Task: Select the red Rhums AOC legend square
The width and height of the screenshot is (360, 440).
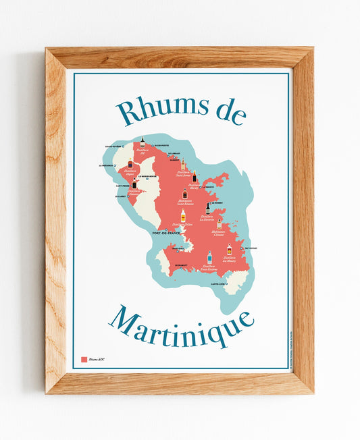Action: (84, 360)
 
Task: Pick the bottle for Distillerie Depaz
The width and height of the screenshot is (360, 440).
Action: (130, 164)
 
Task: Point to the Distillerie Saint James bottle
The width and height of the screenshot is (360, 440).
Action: (182, 164)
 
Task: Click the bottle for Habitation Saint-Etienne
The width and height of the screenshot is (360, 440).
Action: (184, 194)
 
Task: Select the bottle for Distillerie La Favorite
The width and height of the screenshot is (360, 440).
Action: (208, 208)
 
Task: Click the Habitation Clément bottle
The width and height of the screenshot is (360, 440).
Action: (219, 224)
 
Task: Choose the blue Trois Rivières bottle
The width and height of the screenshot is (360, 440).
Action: (209, 257)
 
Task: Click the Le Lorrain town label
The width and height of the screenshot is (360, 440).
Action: (175, 153)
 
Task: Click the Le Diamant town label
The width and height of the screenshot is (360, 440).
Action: (180, 266)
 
